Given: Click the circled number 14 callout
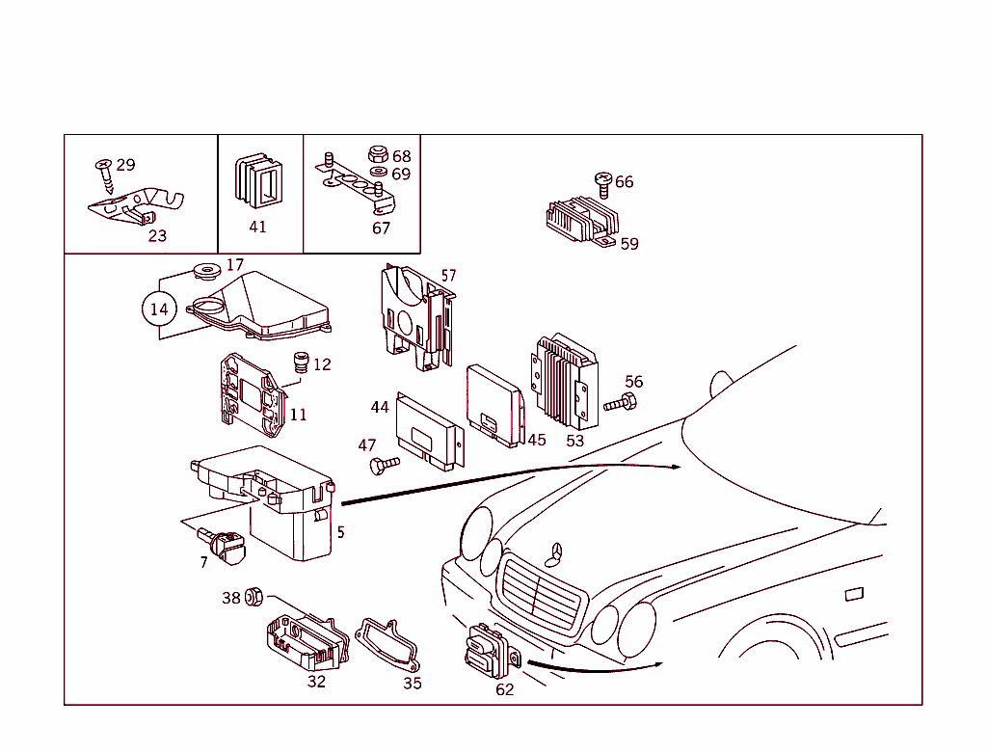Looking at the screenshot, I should tap(159, 309).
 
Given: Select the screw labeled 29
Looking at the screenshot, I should tap(104, 178).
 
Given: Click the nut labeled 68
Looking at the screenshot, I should tap(379, 154).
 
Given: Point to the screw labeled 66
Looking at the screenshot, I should tap(604, 183).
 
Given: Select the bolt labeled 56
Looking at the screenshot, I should tap(622, 403).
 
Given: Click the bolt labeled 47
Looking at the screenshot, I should tap(383, 467).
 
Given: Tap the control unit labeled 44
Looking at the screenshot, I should tap(429, 434).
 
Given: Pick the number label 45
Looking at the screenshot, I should tap(536, 440).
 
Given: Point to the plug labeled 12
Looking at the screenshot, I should tap(300, 364).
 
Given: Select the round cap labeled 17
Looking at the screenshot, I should tap(203, 270).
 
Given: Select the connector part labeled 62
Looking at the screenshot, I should tap(488, 653).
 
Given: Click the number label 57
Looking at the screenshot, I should tap(448, 276).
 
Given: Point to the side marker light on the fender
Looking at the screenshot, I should tap(854, 594).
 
